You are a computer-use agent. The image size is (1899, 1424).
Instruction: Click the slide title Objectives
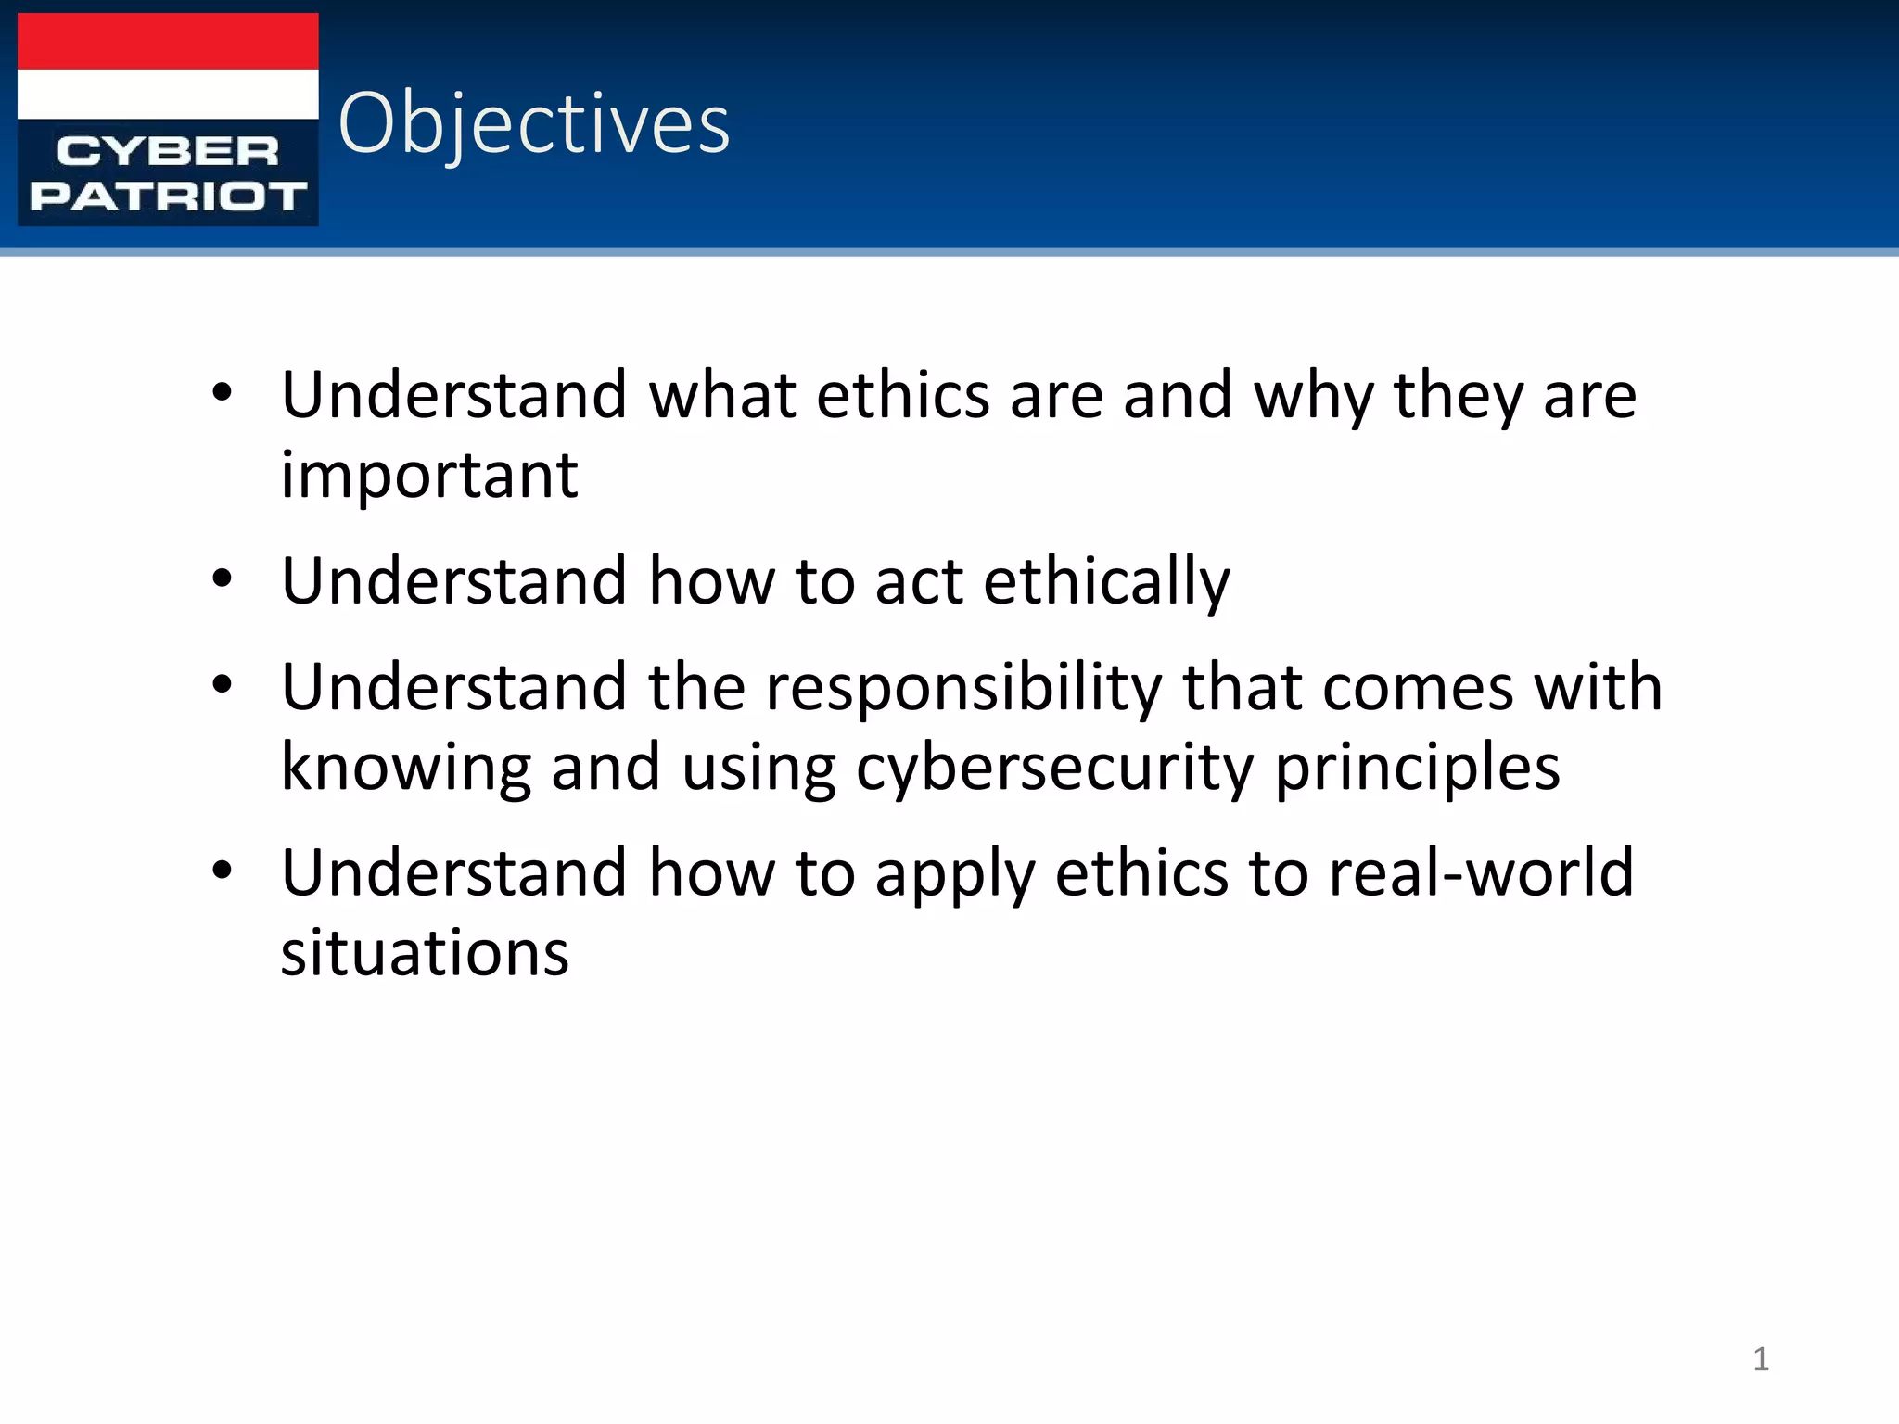(534, 123)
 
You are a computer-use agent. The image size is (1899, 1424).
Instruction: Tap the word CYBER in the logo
(168, 151)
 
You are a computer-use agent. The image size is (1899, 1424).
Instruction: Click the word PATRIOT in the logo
(168, 196)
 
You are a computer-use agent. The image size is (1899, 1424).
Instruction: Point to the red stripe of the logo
(168, 42)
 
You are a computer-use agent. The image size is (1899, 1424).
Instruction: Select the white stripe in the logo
(168, 94)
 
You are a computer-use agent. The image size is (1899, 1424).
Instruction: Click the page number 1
(1761, 1359)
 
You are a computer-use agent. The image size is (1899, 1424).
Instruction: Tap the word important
(429, 475)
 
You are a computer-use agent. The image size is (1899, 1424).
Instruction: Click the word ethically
(1106, 582)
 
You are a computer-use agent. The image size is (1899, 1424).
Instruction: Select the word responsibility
(963, 689)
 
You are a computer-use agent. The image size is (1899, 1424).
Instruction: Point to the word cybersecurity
(1053, 769)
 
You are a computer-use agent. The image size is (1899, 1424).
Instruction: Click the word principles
(1417, 769)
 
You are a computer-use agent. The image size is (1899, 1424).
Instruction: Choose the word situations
(425, 953)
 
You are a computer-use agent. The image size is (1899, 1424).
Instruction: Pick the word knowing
(406, 769)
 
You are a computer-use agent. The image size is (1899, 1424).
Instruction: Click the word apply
(954, 874)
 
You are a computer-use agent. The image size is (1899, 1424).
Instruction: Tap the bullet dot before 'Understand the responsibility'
(222, 686)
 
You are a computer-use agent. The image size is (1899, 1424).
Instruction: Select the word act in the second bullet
(917, 582)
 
